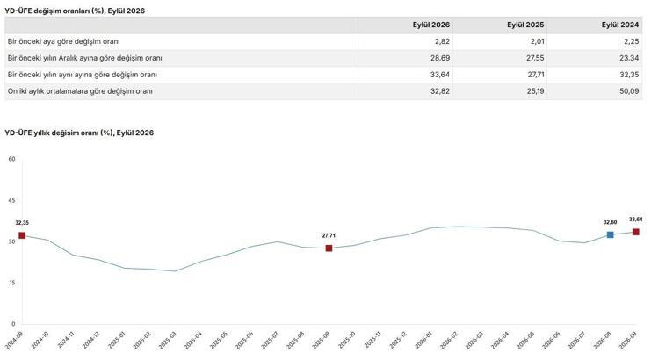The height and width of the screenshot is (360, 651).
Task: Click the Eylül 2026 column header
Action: pos(431,25)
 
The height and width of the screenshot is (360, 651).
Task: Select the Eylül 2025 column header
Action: pos(525,25)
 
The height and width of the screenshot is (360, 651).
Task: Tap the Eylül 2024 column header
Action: pos(620,25)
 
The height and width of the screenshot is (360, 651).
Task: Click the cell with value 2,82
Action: pos(440,41)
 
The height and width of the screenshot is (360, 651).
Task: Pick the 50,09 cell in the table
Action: pos(629,91)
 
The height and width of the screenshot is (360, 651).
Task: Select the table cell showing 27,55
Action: pos(535,58)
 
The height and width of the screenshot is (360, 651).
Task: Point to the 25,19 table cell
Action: pos(536,91)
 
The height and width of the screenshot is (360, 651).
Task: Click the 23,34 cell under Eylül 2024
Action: pos(629,58)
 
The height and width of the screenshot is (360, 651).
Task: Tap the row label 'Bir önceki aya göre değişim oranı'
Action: pos(63,41)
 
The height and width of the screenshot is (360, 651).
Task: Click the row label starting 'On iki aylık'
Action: pos(80,91)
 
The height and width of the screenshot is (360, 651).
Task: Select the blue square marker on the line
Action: pos(610,234)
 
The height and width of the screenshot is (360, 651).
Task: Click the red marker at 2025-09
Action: pos(329,248)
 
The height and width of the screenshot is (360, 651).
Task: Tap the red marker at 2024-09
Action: pos(22,235)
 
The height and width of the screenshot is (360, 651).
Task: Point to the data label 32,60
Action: pos(610,222)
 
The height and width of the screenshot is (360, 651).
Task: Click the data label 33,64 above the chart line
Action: pos(636,220)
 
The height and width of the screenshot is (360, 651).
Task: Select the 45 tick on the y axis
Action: pos(11,200)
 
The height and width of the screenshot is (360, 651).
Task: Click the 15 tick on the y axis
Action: pos(11,283)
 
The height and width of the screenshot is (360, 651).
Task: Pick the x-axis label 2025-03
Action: pos(169,340)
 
